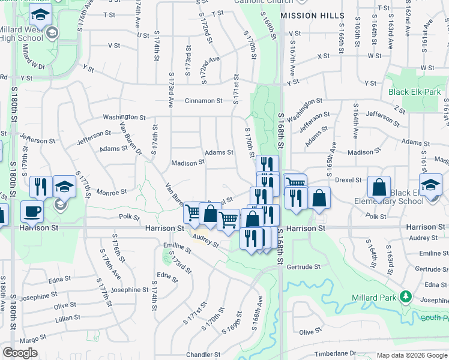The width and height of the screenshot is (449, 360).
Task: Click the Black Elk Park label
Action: coord(414,92)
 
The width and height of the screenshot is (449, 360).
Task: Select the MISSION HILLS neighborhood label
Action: coord(312,15)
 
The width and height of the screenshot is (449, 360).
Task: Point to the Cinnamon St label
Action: coord(204,101)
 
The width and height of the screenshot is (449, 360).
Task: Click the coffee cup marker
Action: coord(32,211)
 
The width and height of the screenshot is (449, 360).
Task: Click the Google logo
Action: coord(20,353)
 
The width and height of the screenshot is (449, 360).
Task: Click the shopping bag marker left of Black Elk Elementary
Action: coord(379,187)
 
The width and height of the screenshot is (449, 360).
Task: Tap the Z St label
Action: coord(400,110)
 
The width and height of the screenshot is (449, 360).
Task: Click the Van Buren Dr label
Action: coord(130,137)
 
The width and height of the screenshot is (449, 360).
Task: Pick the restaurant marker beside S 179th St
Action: coord(40,186)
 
